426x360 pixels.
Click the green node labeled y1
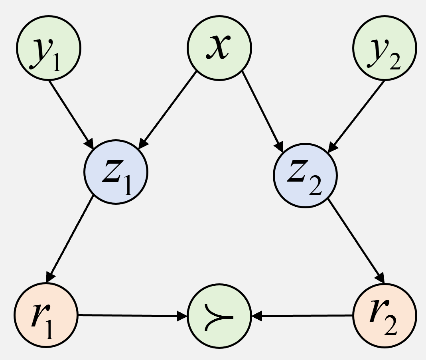pos(48,48)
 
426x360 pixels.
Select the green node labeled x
pos(219,48)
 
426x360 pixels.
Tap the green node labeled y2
pos(384,48)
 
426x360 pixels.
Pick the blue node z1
pos(116,172)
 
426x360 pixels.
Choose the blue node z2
pos(305,175)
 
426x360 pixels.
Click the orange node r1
pos(46,315)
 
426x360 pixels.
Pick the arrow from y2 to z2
pos(356,116)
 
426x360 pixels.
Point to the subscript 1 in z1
pos(127,186)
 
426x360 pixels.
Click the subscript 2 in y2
pos(394,63)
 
